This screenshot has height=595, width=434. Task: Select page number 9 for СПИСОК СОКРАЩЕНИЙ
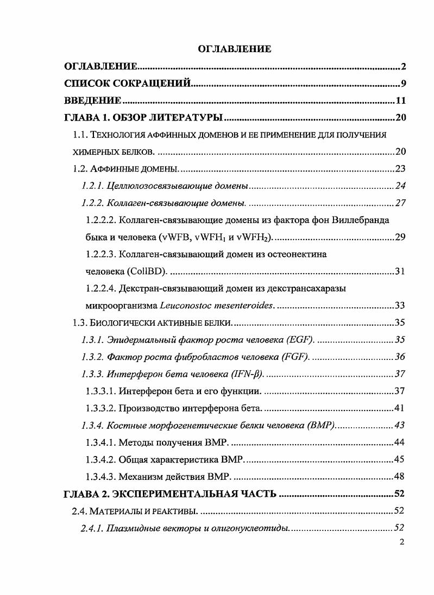[404, 84]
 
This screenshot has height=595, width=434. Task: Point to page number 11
[401, 101]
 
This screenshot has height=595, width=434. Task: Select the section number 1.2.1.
[93, 186]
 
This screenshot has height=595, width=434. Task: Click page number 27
[401, 203]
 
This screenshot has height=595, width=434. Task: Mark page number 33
[401, 305]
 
